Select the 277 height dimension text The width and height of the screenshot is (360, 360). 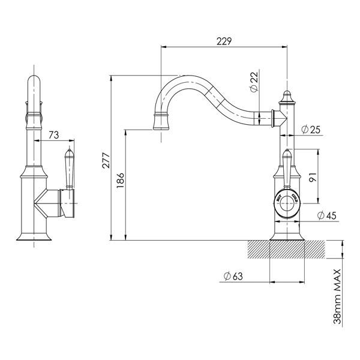point(106,160)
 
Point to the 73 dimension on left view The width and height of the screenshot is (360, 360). point(53,135)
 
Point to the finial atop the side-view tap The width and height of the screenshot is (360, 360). point(286,96)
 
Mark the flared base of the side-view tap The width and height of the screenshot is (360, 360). point(286,235)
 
